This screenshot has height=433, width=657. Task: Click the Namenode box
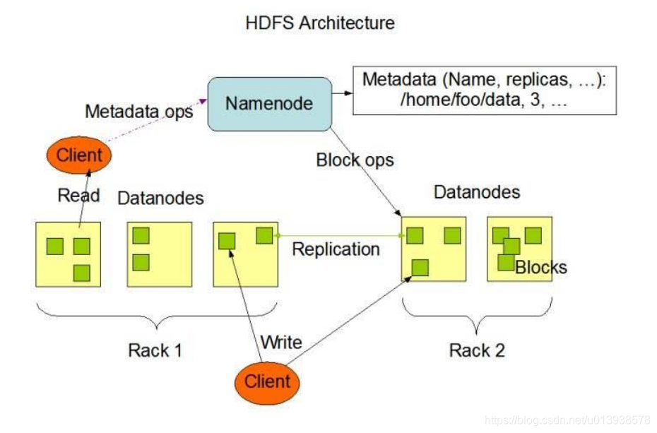coord(269,104)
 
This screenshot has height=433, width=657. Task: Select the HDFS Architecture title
coord(320,23)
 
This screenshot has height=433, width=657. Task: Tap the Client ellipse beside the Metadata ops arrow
coord(80,155)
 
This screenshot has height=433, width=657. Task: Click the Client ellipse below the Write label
coord(267,382)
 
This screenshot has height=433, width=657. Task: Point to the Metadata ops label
coord(138,112)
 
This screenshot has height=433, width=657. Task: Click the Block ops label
coord(355,160)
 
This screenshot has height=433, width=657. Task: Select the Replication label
coord(336,249)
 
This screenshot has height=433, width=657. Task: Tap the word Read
coord(78,195)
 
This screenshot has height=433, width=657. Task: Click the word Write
coord(281,343)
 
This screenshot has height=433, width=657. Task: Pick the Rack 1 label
coord(155,350)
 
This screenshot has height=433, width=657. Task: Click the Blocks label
coord(540,268)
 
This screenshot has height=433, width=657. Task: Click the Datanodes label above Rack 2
coord(477,192)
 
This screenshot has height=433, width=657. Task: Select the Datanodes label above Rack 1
coord(160,198)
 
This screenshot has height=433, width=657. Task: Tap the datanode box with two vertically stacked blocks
coord(160,254)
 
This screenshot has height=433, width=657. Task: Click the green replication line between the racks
coord(339,235)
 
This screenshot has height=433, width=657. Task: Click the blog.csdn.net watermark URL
coord(569,420)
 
